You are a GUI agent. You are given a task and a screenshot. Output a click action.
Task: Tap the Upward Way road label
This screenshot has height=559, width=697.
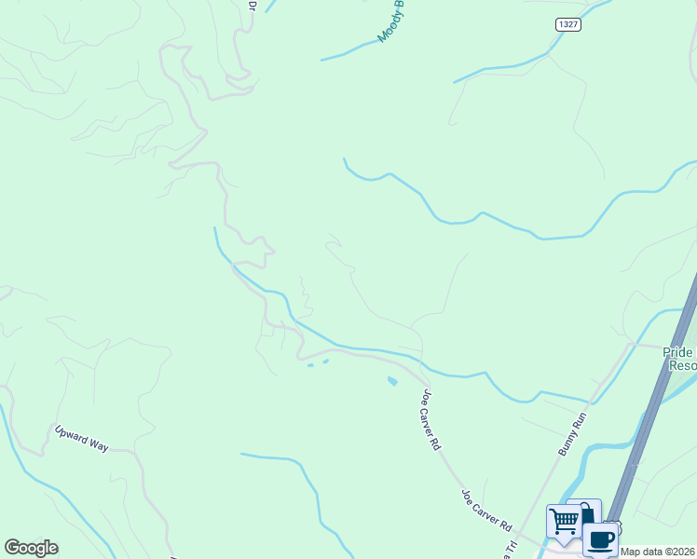pyautogui.click(x=81, y=439)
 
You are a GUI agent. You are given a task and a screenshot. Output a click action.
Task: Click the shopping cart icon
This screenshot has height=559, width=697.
pyautogui.click(x=565, y=523)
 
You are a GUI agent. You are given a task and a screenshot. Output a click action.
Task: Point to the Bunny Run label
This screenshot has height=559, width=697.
pyautogui.click(x=572, y=433)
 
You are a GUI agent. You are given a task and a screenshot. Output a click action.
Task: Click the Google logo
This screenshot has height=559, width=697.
pyautogui.click(x=31, y=548)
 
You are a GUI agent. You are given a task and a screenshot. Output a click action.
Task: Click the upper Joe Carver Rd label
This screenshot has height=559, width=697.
pyautogui.click(x=430, y=420)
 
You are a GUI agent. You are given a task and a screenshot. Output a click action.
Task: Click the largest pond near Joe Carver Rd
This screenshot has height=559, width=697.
pyautogui.click(x=392, y=380)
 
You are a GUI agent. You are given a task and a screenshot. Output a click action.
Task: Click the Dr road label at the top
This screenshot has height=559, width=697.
pyautogui.click(x=252, y=6)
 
